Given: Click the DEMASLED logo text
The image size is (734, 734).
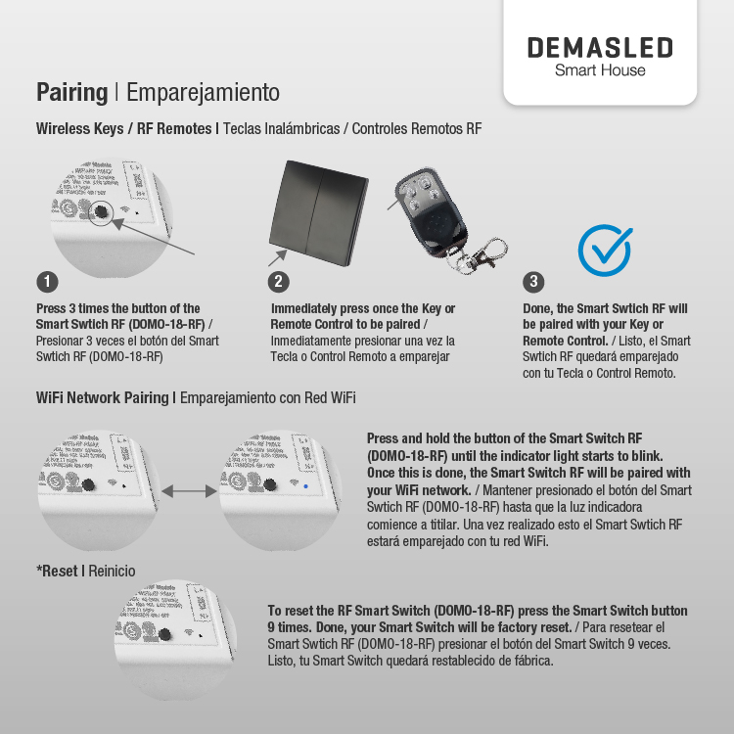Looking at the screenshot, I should (x=600, y=48).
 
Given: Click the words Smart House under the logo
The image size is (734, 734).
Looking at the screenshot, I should (x=600, y=70).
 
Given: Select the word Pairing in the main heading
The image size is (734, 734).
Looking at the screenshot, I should (x=71, y=93).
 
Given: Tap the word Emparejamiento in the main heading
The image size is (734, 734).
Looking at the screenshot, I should (x=203, y=93).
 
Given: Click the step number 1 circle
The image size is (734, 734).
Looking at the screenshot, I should (x=46, y=282).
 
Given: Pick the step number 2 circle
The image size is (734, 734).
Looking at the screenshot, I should (x=279, y=282).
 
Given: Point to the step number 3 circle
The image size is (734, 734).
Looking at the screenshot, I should (x=533, y=282).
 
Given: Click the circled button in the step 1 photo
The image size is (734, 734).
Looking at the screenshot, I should (x=101, y=212).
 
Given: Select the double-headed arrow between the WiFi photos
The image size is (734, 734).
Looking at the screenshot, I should (x=189, y=490).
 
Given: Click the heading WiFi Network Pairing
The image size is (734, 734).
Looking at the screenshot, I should (x=103, y=397).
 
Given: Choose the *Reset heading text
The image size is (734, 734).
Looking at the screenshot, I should (x=58, y=571).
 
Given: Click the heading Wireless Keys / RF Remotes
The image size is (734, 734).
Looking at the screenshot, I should (x=123, y=128).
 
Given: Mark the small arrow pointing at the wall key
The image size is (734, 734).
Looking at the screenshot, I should (x=277, y=257).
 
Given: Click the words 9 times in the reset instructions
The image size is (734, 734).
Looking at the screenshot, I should (x=288, y=626).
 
